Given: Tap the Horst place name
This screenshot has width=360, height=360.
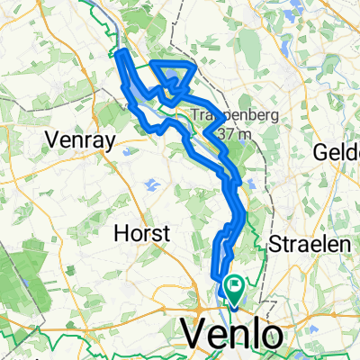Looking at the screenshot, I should pos(143,233).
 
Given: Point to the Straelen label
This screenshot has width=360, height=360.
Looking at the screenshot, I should pos(301,244).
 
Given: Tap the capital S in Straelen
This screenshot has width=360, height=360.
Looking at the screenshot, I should pos(275,244).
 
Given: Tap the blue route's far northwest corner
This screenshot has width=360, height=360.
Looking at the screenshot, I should pos(120,56).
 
